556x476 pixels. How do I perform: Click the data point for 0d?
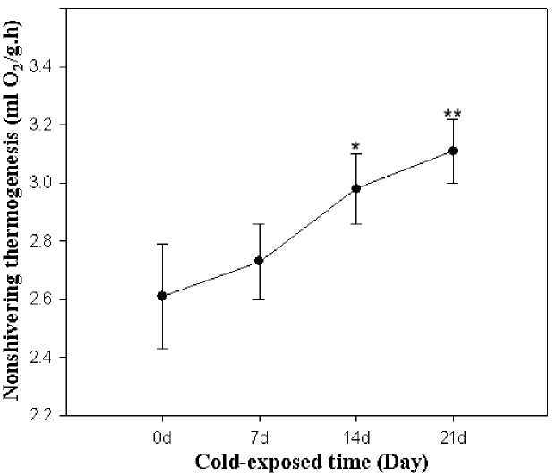tap(162, 296)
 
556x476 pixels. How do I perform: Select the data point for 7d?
tap(260, 261)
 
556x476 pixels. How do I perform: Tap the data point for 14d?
tap(356, 188)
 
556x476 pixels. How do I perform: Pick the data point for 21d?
tap(453, 151)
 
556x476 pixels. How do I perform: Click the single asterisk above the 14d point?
tap(355, 146)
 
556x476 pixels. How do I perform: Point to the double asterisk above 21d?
tap(452, 115)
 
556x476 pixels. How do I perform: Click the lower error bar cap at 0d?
tap(162, 348)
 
